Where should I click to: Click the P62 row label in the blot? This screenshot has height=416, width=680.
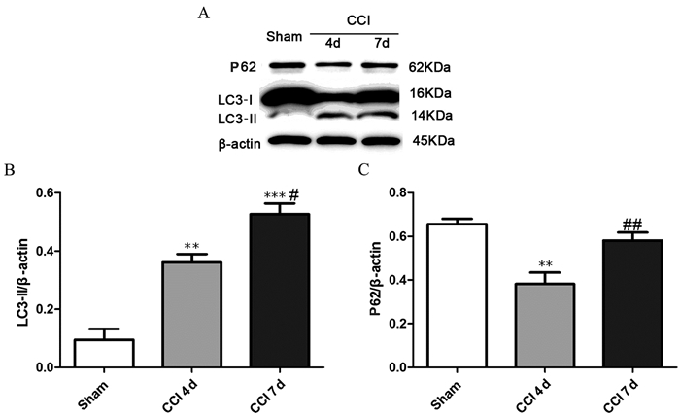pyautogui.click(x=237, y=69)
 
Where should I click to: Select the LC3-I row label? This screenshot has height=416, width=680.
pyautogui.click(x=237, y=100)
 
